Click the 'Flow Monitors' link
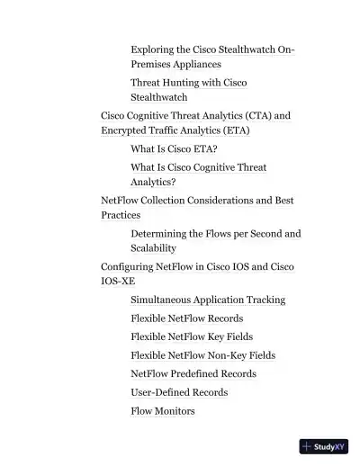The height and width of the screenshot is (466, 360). tap(162, 411)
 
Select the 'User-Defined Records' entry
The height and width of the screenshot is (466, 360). tap(178, 392)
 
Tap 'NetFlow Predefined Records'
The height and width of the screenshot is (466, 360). tap(193, 373)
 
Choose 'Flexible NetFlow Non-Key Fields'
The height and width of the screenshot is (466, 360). tap(202, 355)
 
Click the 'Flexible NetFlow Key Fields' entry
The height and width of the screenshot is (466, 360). tap(193, 336)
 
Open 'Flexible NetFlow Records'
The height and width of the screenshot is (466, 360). tap(186, 318)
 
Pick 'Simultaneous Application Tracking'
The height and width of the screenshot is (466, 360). tap(208, 300)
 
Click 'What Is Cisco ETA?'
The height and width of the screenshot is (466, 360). tap(174, 149)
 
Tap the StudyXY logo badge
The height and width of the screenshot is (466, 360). tap(324, 446)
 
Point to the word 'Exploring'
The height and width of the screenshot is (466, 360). tap(154, 49)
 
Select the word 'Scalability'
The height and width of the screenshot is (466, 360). tap(153, 248)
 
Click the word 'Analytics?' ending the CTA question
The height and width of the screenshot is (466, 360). tap(153, 182)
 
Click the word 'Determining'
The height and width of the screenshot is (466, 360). tap(160, 234)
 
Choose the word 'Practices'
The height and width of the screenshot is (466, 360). tap(121, 215)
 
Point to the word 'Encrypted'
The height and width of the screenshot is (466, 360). tap(126, 130)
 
